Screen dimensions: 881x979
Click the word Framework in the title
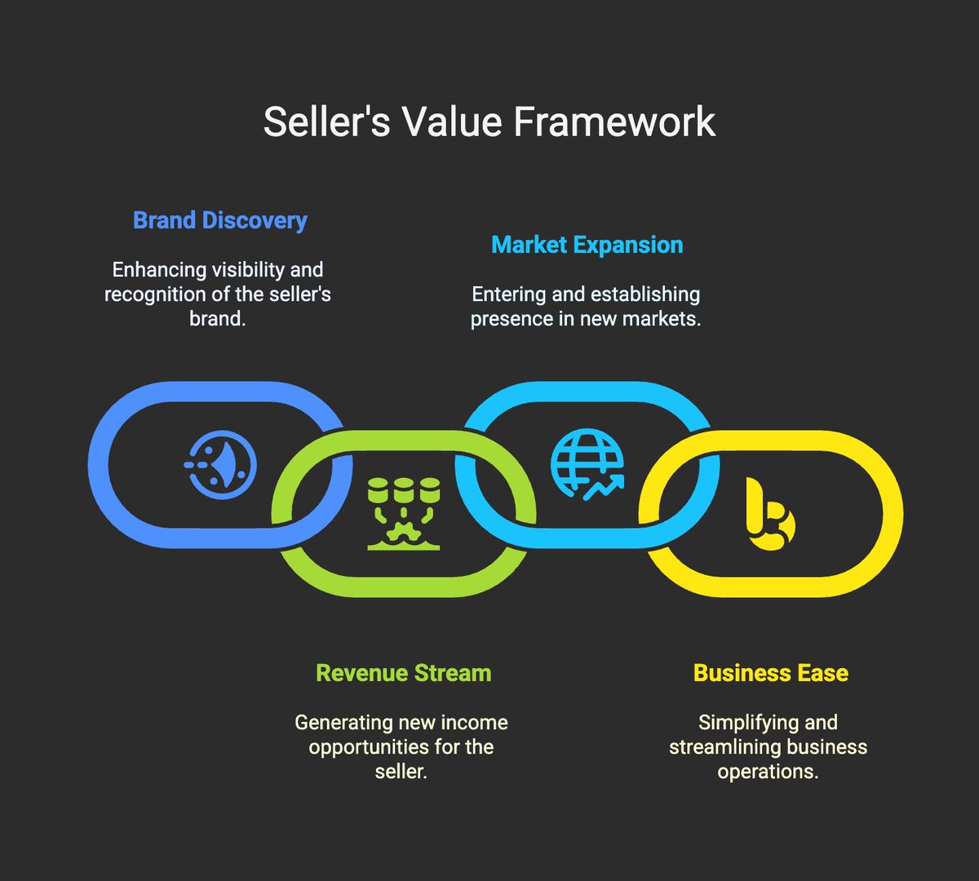point(614,122)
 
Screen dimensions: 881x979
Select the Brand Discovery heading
point(220,220)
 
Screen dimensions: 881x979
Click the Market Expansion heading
point(587,245)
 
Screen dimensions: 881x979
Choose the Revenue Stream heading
point(404,673)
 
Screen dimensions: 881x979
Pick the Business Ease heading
point(771,673)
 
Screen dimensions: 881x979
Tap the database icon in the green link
point(404,514)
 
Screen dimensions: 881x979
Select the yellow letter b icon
point(770,516)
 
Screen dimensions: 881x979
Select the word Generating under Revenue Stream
point(343,723)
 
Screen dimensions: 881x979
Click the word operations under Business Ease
point(767,771)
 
